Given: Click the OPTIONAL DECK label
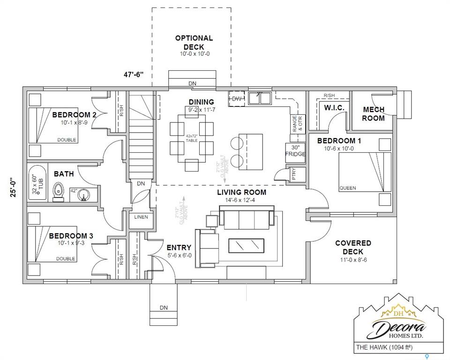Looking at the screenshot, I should click(194, 42).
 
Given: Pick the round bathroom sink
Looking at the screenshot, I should click(84, 194).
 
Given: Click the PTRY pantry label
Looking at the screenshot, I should click(294, 175).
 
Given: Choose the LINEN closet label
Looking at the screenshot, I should click(141, 217).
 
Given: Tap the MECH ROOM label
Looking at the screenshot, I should click(374, 114).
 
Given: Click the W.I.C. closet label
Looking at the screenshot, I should click(334, 108).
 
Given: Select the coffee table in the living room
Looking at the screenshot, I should click(246, 245).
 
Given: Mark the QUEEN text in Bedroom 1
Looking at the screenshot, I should click(347, 188).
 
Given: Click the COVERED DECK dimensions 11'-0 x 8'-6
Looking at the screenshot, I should click(353, 260).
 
